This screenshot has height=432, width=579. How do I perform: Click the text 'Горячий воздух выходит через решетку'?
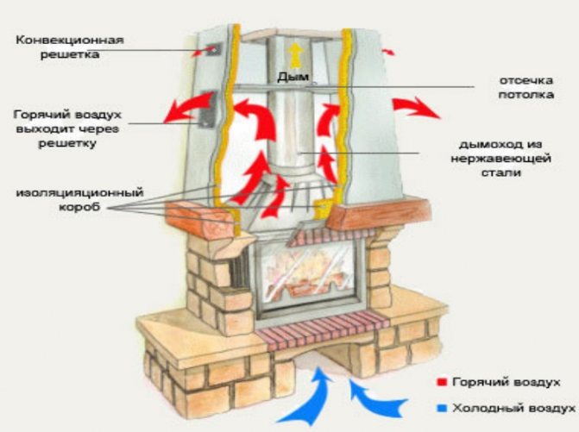pyautogui.click(x=67, y=128)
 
